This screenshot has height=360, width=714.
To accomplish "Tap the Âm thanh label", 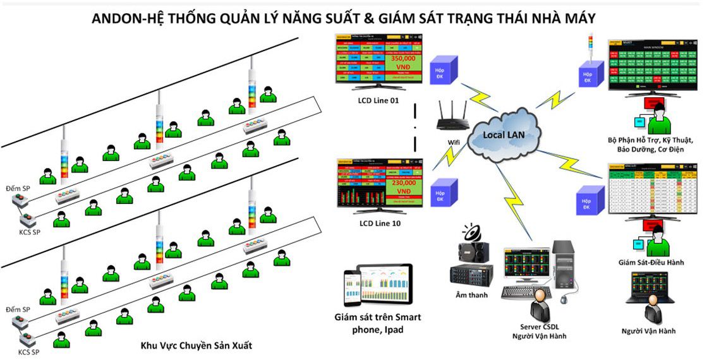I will (x=471, y=294).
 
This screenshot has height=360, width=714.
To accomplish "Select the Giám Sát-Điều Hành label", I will (x=650, y=261).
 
